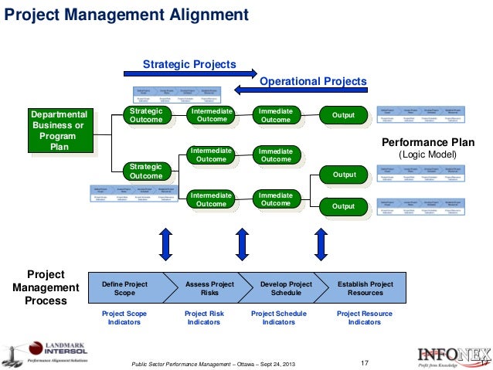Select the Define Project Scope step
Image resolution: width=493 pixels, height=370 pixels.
tap(124, 289)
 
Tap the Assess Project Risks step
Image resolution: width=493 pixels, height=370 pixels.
tap(209, 289)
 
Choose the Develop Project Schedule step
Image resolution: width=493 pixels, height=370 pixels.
tap(286, 289)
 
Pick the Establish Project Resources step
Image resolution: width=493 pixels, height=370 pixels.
tap(365, 289)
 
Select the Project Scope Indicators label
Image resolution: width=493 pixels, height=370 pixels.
tap(124, 318)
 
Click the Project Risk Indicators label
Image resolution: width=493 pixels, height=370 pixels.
tap(204, 318)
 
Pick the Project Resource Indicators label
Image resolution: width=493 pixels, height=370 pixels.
tap(365, 318)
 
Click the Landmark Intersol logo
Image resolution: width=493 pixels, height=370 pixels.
tap(46, 352)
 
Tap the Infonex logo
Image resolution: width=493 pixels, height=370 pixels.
tap(448, 356)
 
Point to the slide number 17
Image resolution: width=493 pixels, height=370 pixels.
tap(366, 362)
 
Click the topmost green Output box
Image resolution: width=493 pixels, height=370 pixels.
tap(343, 116)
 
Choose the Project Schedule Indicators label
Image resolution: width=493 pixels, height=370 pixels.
tap(279, 318)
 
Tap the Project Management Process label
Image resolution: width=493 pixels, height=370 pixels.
tap(46, 287)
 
